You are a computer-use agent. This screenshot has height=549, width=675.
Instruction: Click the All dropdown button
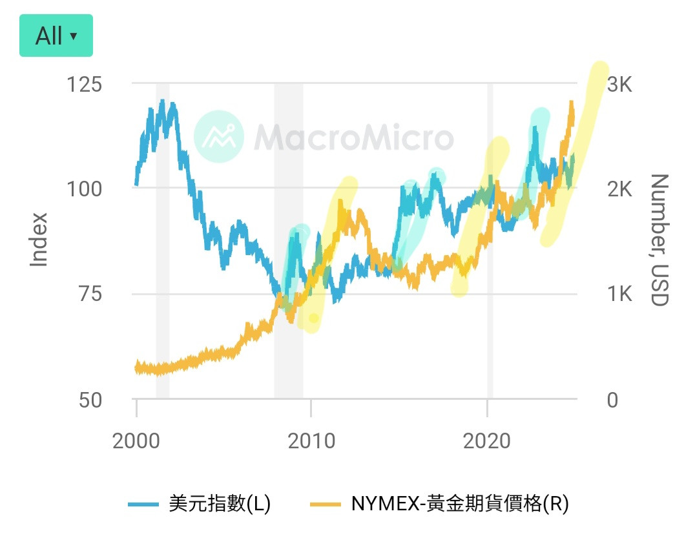(56, 36)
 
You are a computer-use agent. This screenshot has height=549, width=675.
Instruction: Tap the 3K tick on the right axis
(618, 85)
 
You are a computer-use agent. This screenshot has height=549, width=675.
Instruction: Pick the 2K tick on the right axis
(618, 189)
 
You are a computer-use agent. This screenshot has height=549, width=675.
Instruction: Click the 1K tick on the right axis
(618, 295)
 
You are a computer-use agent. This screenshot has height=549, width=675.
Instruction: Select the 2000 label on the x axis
(136, 442)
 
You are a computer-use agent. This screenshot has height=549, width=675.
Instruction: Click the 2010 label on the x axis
(311, 442)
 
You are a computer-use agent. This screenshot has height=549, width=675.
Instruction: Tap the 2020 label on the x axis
(487, 442)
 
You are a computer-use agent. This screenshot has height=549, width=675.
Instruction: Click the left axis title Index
(40, 239)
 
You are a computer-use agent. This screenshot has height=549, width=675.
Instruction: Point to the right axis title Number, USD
(658, 240)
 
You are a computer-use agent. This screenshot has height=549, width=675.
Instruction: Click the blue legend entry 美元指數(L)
(199, 503)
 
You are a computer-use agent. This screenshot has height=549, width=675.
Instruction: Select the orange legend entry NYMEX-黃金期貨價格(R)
(439, 503)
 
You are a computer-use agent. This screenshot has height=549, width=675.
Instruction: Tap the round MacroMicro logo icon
(219, 136)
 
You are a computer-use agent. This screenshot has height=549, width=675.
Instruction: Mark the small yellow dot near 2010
(314, 318)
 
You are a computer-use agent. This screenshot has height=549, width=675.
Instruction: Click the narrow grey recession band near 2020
(490, 239)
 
